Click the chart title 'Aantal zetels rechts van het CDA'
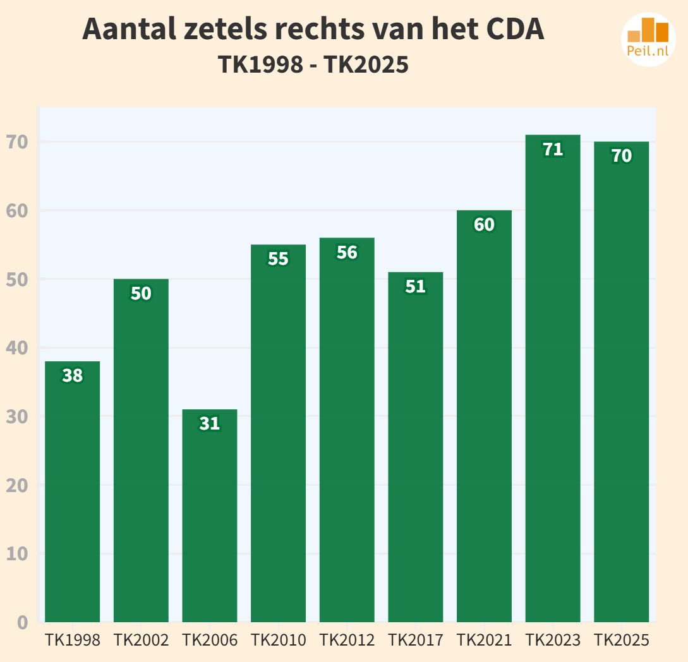click(313, 29)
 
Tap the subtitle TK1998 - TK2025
click(313, 65)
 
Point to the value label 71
click(553, 150)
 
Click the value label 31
click(210, 424)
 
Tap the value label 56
click(347, 253)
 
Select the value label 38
click(73, 376)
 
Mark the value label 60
click(484, 225)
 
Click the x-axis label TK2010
click(278, 640)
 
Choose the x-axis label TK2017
click(415, 640)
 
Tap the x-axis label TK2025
click(621, 640)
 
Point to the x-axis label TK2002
click(141, 640)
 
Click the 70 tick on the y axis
click(17, 142)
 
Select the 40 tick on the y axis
click(17, 348)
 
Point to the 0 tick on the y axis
click(23, 622)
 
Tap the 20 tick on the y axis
click(17, 485)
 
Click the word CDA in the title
click(515, 29)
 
